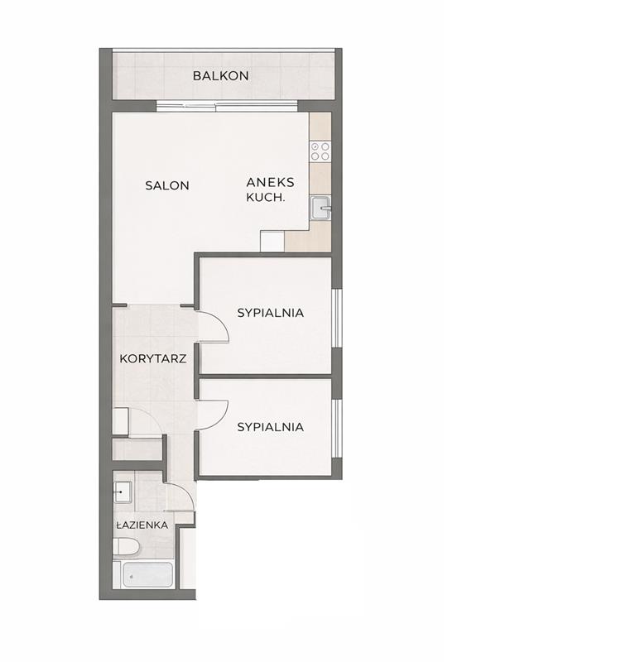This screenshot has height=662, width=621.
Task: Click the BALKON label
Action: (220, 76)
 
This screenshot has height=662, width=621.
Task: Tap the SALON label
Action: (167, 185)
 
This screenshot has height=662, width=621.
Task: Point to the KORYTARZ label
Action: (153, 359)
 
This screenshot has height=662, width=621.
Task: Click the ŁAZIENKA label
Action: (142, 525)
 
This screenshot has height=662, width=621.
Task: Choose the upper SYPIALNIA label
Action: (271, 313)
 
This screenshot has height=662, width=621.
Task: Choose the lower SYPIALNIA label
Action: (271, 427)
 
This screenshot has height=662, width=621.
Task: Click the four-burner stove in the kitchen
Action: (320, 151)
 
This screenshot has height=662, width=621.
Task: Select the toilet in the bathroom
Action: (126, 548)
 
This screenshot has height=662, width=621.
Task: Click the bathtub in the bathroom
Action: (147, 574)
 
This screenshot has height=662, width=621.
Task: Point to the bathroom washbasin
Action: (123, 492)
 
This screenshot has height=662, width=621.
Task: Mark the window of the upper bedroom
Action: (336, 319)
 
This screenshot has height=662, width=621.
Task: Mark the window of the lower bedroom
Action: (336, 428)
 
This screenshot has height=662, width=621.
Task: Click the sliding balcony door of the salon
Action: (227, 107)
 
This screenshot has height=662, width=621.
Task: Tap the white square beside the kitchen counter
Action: (272, 242)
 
